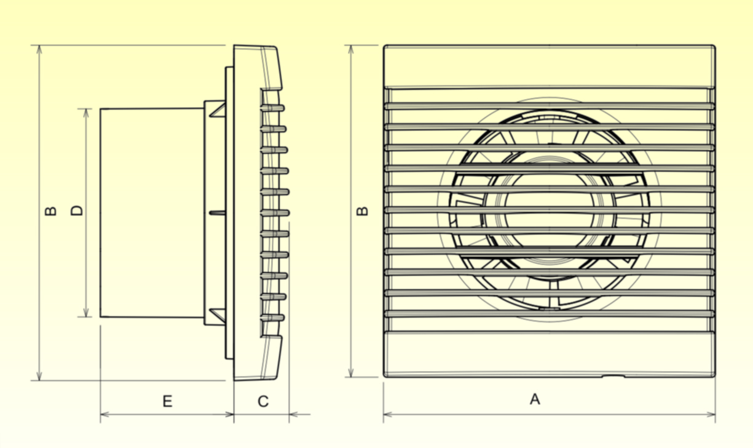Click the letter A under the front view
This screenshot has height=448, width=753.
535,399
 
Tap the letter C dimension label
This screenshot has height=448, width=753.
263,401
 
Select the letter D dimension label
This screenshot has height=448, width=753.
77,210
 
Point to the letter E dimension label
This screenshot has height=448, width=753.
167,401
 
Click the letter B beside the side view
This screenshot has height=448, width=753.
51,211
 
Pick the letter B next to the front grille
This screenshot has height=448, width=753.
363,211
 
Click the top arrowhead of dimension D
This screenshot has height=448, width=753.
87,113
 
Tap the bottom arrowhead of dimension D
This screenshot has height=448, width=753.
87,313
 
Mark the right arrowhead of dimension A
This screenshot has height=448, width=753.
711,414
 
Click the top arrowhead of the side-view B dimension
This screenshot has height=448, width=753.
39,50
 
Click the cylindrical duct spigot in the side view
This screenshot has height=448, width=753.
152,213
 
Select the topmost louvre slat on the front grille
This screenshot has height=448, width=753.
550,106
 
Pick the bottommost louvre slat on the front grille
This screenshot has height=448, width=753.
550,314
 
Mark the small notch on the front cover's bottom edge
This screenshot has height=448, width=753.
613,376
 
